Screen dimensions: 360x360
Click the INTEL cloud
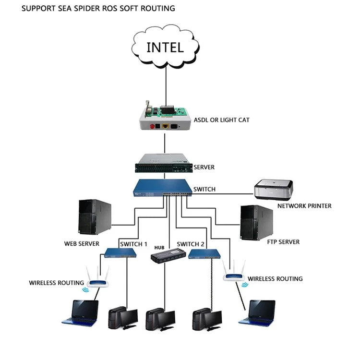[165, 46]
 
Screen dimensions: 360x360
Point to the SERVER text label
[204, 168]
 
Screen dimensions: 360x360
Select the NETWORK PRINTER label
[304, 206]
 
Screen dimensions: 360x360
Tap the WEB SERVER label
[82, 244]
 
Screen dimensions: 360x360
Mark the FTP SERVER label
[283, 242]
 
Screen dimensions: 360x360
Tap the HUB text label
[159, 247]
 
